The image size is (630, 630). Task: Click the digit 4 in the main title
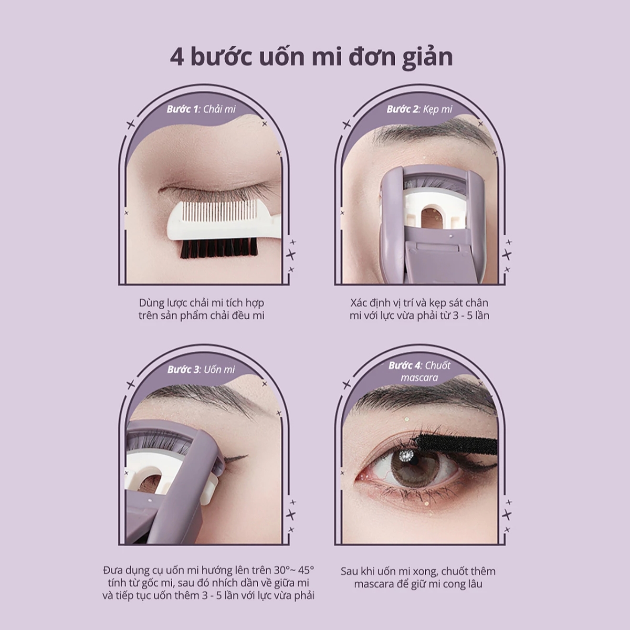click(177, 57)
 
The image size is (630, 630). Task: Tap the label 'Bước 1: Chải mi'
click(201, 109)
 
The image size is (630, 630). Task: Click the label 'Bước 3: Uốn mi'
click(201, 370)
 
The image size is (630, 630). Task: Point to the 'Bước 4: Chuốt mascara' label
click(419, 371)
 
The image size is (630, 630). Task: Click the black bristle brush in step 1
click(219, 248)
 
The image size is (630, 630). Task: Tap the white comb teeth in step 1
click(213, 217)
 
